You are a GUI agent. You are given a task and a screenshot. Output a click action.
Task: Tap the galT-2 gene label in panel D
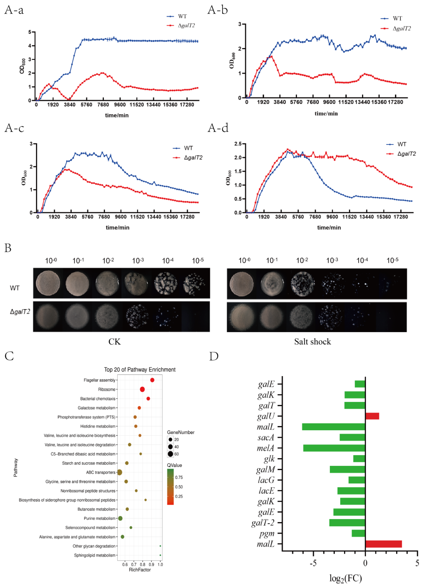click(x=263, y=523)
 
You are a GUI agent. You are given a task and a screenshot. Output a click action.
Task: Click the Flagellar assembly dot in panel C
click(x=152, y=380)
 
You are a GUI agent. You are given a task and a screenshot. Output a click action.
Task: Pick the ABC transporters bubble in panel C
click(x=120, y=472)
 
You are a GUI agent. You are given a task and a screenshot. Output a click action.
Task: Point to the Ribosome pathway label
click(x=107, y=389)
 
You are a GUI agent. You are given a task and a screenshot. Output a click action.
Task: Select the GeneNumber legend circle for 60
click(x=170, y=454)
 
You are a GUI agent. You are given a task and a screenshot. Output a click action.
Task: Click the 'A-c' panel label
click(x=14, y=128)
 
